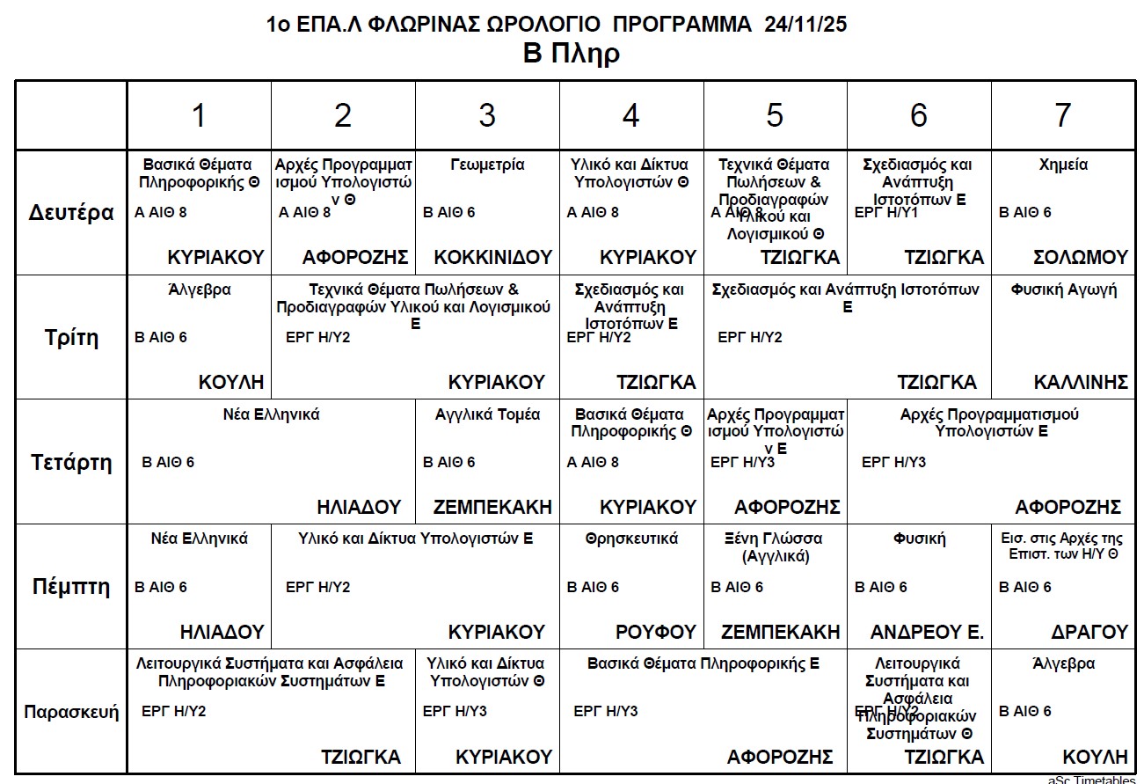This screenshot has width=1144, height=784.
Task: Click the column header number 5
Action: [x=775, y=115]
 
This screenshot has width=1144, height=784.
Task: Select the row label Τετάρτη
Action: [x=72, y=463]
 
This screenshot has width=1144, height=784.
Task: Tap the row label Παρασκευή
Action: [x=71, y=712]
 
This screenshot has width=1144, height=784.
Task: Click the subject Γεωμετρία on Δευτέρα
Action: [x=487, y=165]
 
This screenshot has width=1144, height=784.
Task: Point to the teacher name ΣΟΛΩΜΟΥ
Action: [x=1081, y=257]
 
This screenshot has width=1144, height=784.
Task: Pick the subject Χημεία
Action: [x=1063, y=165]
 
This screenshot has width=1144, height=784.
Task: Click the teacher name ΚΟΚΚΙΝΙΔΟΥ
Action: [x=493, y=257]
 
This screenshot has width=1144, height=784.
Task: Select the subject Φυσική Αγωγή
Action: [x=1064, y=289]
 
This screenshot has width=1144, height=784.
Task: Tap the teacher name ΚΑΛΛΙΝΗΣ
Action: [x=1081, y=382]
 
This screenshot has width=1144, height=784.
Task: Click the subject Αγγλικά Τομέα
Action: [x=487, y=414]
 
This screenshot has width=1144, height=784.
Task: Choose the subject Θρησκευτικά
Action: [x=631, y=539]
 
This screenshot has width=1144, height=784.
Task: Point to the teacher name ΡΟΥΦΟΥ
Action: [x=656, y=632]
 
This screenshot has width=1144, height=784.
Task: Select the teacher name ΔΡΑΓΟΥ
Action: [x=1089, y=632]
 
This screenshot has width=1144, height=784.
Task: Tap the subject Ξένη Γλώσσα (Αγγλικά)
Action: [x=776, y=547]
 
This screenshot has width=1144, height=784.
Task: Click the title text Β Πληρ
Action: [x=572, y=54]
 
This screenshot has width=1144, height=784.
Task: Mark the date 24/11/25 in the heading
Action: [x=805, y=25]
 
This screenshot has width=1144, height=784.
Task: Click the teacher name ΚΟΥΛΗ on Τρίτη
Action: [x=231, y=382]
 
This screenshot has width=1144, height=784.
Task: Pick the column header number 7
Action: [x=1063, y=115]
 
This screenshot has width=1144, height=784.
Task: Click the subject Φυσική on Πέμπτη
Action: [x=919, y=539]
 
